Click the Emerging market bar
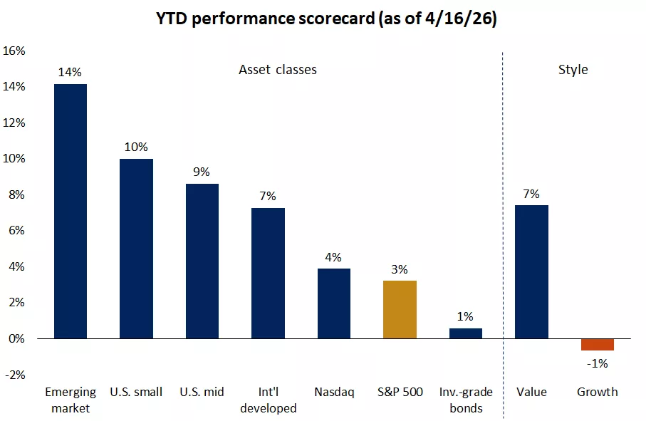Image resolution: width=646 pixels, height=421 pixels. pos(71,211)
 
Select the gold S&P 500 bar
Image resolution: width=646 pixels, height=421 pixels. pos(400,309)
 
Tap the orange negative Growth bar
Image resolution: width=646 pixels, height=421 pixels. pos(597,345)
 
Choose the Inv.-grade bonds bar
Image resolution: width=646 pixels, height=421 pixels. pos(465,333)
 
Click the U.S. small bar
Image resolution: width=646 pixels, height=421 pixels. pos(136,249)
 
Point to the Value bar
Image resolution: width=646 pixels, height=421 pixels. pos(531,271)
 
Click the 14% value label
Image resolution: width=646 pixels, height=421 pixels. pos(71,72)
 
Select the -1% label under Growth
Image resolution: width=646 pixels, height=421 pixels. pos(597,364)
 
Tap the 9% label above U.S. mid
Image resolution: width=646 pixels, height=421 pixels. pos(202,171)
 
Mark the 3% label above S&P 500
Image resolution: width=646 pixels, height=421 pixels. pos(400,269)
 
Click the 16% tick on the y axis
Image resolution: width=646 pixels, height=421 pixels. pos(14,51)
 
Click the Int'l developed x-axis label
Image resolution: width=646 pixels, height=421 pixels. pos(268,400)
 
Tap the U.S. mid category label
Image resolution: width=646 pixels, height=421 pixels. pos(202,392)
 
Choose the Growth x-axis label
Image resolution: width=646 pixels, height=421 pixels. pos(597,392)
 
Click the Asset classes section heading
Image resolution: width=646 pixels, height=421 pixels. pos(277,70)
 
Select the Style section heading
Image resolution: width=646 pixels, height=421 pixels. pos(573,70)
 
